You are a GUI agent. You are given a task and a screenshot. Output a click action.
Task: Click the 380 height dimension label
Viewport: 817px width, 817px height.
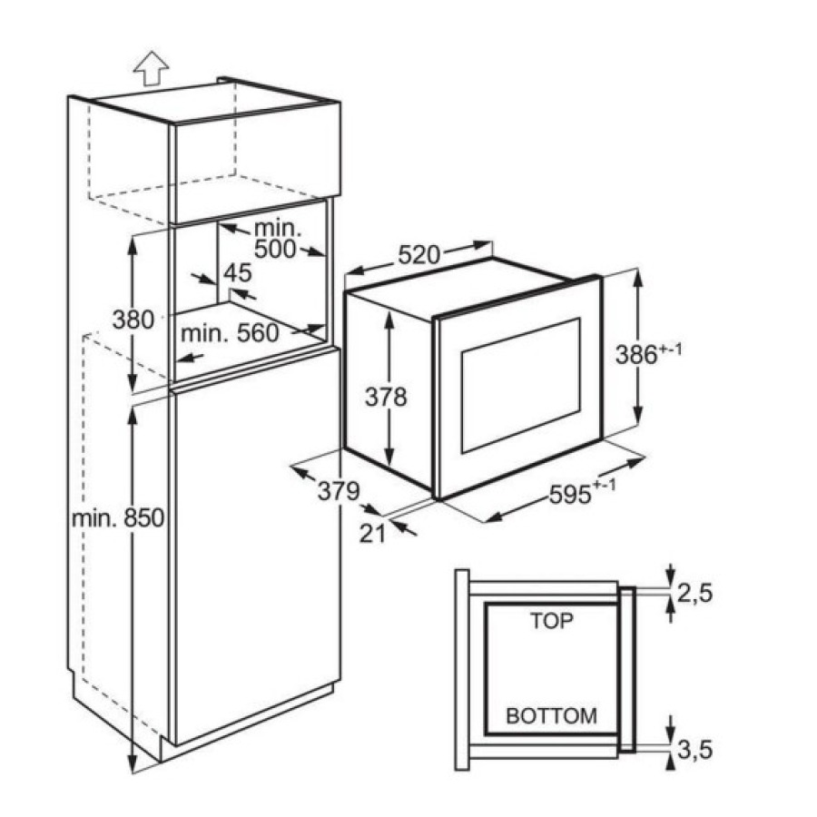[x=133, y=320]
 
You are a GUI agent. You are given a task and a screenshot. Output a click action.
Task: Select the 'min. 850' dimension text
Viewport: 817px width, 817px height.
[x=118, y=518]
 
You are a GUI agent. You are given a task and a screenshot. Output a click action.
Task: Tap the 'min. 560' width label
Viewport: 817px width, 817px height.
[x=230, y=333]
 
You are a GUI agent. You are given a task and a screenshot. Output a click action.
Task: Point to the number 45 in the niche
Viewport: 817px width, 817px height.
[x=237, y=272]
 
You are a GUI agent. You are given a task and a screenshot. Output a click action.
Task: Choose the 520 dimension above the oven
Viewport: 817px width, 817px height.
[x=418, y=256]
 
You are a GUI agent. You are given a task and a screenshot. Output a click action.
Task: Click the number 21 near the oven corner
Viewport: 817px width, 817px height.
[x=372, y=534]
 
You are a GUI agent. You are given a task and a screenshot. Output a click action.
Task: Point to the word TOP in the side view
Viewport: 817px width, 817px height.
[x=552, y=622]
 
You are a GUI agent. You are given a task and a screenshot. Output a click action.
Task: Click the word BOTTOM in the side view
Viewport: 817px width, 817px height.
[x=552, y=715]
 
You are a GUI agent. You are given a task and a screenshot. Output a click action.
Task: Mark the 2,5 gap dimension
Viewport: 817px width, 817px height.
[x=695, y=594]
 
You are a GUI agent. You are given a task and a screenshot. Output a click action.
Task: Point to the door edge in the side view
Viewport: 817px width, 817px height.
[x=626, y=670]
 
